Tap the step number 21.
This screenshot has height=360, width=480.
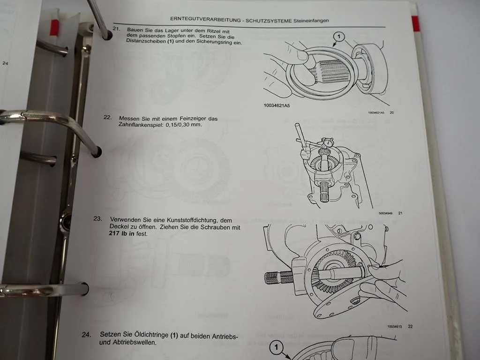[x=116, y=30]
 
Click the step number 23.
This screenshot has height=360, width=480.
[x=97, y=219]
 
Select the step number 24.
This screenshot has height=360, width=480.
[x=86, y=335]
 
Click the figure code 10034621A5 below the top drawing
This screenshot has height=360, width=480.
[x=277, y=106]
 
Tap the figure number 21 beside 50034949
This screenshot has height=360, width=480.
[x=400, y=214]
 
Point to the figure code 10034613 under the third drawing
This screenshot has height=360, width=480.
[x=396, y=326]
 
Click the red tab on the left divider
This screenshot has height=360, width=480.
[x=54, y=28]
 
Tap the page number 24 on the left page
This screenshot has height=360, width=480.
[x=5, y=63]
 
